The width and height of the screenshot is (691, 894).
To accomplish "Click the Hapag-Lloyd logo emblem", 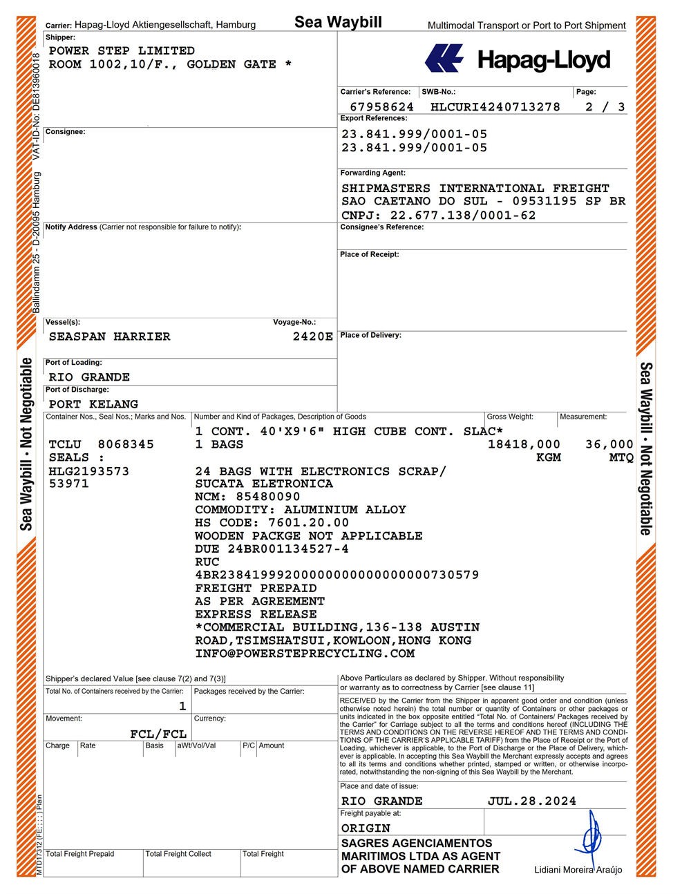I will click(x=444, y=58).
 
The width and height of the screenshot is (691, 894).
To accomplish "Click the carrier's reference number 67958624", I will click(x=381, y=107).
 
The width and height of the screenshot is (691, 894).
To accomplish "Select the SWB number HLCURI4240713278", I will click(x=495, y=107).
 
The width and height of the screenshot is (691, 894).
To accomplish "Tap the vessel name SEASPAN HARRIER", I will click(x=109, y=336).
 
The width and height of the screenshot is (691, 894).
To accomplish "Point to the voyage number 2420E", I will click(x=313, y=336).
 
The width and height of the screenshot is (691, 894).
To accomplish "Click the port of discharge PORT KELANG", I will click(x=93, y=404).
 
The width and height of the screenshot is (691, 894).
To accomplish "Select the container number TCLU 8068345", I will click(x=102, y=444).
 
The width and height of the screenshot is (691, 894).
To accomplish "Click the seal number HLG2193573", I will click(x=89, y=471).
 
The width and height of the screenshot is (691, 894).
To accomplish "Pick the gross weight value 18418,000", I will click(x=524, y=444).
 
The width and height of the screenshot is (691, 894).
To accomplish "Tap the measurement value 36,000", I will click(x=609, y=444).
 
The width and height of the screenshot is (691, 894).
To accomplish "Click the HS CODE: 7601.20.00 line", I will click(x=272, y=523).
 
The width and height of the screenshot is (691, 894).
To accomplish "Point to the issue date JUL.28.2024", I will click(x=531, y=801).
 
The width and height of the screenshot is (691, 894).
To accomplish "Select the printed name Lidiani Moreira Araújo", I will click(x=578, y=870).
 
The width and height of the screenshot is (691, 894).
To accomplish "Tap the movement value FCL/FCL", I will click(x=158, y=734).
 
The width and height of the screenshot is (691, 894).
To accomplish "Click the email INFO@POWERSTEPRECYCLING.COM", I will click(x=305, y=654).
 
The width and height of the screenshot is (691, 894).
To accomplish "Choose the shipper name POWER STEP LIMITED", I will click(x=122, y=50).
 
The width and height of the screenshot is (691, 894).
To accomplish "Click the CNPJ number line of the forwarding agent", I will click(x=438, y=215).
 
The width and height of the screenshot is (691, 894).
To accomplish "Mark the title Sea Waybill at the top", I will click(x=338, y=22).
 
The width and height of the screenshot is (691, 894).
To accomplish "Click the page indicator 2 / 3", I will click(x=605, y=107).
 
